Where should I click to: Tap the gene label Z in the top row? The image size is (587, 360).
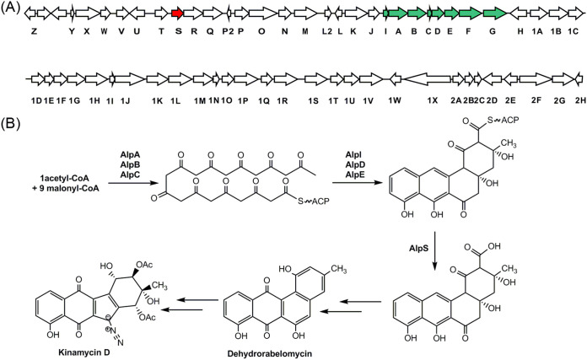click(x=33, y=32)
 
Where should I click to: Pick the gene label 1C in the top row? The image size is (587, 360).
click(x=573, y=32)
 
